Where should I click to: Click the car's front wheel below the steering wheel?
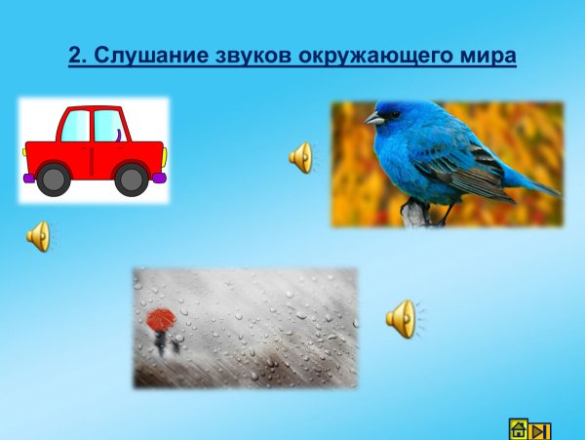(131, 178)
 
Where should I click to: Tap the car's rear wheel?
(53, 178)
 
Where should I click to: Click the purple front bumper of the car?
(159, 178)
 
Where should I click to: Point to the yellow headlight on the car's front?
(163, 154)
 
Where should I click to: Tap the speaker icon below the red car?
(38, 236)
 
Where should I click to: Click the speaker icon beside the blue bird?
(301, 157)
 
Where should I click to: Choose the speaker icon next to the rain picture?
(401, 318)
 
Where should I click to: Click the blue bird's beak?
(372, 118)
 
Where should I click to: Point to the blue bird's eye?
(392, 112)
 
